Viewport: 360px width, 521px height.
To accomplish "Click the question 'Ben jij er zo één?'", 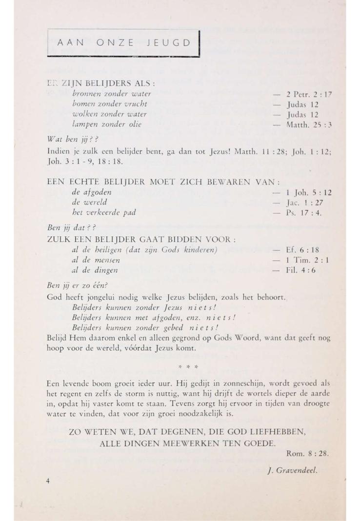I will click(x=77, y=286).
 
